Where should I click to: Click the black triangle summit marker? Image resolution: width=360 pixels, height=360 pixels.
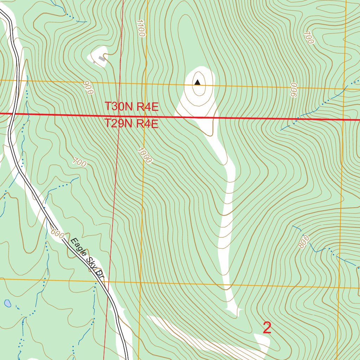[x=198, y=83]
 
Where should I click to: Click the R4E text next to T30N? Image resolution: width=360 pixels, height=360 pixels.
[x=148, y=107]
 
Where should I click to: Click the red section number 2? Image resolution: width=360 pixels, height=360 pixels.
[x=267, y=328]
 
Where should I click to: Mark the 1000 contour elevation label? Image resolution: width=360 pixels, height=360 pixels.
[x=145, y=155]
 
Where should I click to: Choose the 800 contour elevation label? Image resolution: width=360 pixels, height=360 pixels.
[x=303, y=242]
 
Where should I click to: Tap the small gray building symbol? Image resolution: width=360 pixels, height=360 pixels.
[x=102, y=59]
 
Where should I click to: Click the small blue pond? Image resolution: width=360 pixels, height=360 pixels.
[x=7, y=303]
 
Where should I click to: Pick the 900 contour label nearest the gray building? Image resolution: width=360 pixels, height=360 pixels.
[x=89, y=88]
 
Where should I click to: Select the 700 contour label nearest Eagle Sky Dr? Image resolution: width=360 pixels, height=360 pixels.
[x=79, y=162]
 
